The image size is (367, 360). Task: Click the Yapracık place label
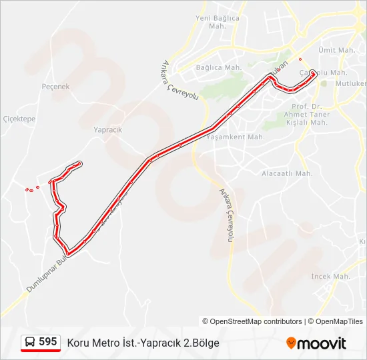pos(107,130)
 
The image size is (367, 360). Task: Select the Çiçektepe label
pos(19,119)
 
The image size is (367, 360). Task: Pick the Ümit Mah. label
pos(336,50)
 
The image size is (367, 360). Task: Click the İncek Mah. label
pos(330,276)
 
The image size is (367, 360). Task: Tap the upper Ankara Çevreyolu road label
pos(180,80)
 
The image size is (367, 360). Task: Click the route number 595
pos(48,341)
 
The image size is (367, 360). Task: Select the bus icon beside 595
pos(30,342)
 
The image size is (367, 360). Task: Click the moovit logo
pos(316,343)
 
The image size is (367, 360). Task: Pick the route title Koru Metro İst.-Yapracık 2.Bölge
pos(143,343)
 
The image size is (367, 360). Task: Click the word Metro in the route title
pos(105,343)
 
